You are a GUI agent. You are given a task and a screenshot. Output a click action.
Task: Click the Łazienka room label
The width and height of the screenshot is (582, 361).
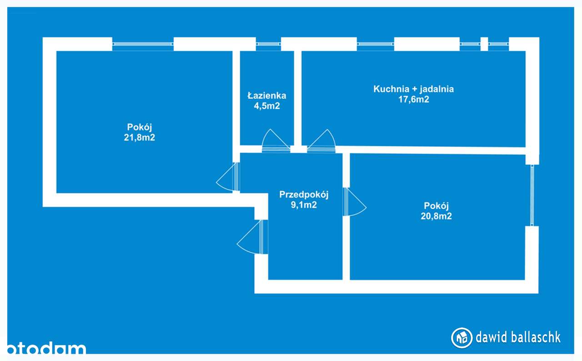[x=267, y=96]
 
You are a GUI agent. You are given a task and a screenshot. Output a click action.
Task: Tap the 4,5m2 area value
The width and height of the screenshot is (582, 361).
[x=267, y=106]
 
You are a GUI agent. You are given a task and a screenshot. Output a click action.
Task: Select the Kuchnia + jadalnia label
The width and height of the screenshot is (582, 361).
[x=413, y=89]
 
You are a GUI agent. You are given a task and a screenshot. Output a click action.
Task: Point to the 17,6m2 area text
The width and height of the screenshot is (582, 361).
[x=413, y=100]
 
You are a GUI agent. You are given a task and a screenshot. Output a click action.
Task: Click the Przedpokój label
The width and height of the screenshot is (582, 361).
[x=304, y=195]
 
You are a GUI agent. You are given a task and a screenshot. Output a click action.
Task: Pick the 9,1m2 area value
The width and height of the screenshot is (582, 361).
[x=304, y=205]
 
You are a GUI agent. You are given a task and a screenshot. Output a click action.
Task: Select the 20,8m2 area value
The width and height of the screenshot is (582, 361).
[x=436, y=216]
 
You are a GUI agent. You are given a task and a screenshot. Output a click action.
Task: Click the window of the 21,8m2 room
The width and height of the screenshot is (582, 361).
[x=143, y=44]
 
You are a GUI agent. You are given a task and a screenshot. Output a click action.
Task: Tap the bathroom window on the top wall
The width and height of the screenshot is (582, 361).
[x=268, y=44]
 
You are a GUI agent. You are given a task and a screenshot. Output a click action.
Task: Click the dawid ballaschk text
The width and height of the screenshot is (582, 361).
[x=518, y=337]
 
